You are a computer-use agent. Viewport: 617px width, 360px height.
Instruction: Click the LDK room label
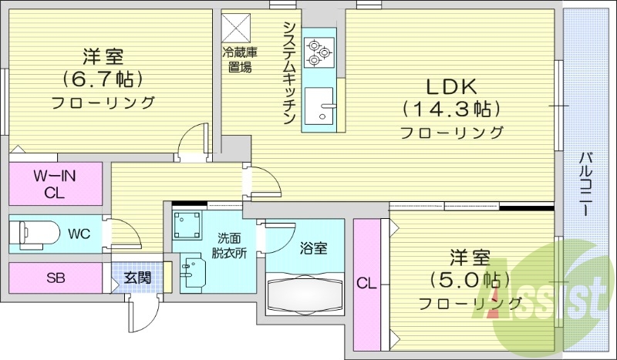(451, 84)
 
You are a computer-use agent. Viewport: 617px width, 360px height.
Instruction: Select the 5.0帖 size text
(469, 278)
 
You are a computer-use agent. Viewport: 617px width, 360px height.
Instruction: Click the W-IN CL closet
(56, 183)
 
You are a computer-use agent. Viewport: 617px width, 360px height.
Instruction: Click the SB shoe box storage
(56, 278)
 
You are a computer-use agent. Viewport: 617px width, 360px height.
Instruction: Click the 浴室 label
(313, 248)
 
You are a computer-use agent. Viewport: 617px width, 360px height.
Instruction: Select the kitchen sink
(320, 107)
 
